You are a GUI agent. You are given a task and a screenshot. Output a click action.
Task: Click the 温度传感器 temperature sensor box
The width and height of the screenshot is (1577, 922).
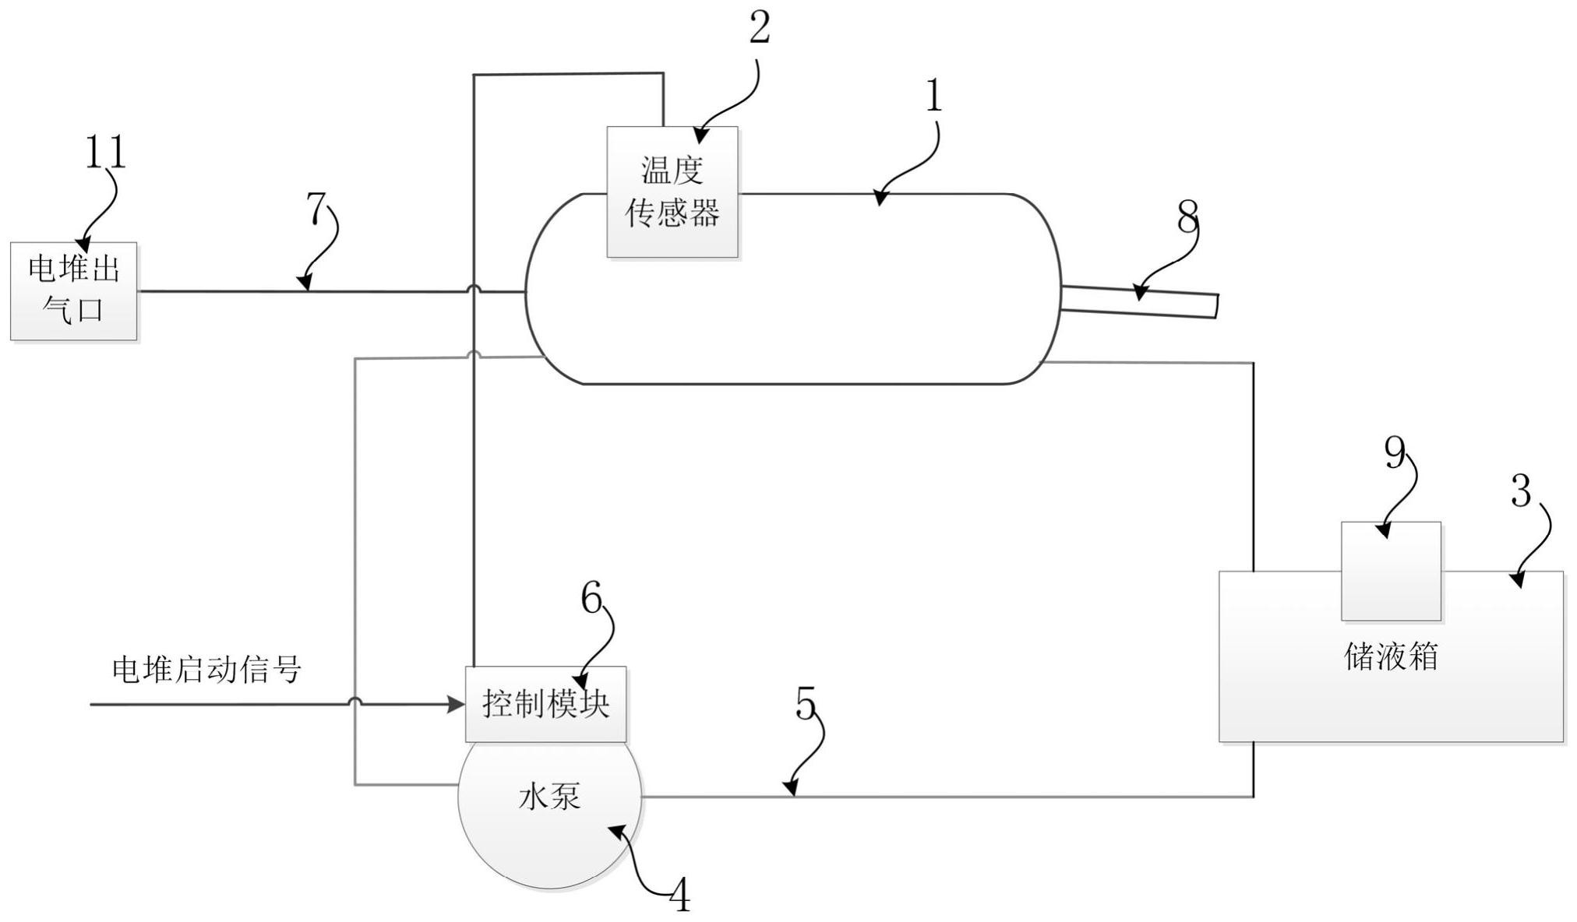672,192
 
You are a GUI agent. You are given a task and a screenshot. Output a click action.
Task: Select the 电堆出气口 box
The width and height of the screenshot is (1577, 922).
74,291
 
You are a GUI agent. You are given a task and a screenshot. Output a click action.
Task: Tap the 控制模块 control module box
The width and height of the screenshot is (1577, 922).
545,704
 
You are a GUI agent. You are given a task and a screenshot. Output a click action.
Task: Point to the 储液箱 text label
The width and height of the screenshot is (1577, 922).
1391,656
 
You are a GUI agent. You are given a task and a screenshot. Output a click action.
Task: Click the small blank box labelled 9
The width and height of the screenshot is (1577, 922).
1391,571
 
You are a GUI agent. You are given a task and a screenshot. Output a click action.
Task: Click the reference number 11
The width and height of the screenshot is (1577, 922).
105,152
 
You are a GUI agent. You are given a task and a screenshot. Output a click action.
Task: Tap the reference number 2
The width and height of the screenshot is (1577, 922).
760,28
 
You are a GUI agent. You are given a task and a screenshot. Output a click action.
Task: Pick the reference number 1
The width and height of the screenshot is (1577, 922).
933,97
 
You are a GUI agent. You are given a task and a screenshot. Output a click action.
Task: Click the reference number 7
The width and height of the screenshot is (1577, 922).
316,208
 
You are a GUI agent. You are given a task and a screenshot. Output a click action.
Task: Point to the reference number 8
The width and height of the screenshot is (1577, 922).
1187,217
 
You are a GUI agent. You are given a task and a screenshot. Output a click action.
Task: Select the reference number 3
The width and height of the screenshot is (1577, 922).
1521,491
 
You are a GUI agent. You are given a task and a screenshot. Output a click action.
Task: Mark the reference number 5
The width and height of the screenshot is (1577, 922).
806,703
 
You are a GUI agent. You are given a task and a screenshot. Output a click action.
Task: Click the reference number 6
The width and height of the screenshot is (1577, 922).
591,599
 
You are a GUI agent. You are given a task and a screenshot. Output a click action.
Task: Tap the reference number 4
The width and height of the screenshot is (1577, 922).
680,896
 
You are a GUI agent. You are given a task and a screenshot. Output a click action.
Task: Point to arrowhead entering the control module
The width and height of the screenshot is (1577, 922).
457,705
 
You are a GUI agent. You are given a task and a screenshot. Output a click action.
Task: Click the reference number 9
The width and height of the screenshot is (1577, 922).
1395,452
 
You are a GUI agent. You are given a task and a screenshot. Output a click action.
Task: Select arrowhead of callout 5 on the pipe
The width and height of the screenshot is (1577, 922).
790,790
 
